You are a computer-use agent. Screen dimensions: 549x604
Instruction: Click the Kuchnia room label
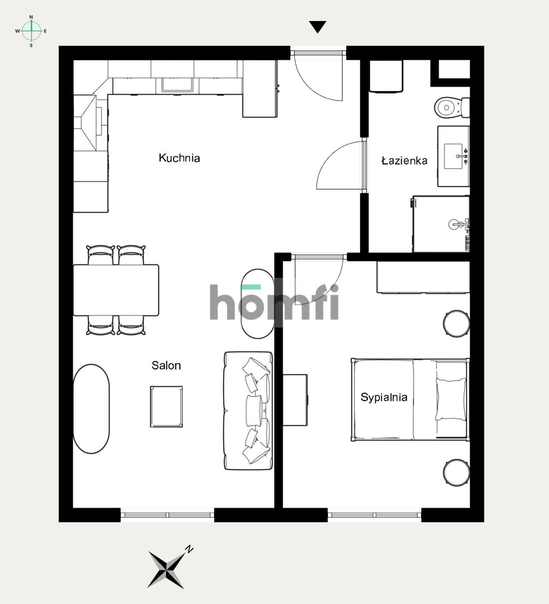(179, 158)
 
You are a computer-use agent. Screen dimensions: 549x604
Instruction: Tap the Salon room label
(166, 365)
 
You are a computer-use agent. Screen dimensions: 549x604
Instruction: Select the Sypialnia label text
(384, 397)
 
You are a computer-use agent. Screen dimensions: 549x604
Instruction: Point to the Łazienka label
(404, 160)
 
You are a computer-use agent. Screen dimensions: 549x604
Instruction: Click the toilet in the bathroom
(452, 108)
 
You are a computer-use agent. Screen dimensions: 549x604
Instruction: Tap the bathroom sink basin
(453, 156)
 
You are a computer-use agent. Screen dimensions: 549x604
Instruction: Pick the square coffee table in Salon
(166, 407)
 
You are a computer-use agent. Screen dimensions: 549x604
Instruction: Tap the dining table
(116, 290)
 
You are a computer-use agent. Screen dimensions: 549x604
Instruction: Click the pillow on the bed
(451, 399)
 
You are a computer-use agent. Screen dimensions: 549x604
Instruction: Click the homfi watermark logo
(274, 302)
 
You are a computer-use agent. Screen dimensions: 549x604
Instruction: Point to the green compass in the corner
(31, 31)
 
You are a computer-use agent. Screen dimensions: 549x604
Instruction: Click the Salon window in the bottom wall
(168, 515)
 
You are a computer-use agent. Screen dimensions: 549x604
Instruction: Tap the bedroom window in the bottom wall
(374, 515)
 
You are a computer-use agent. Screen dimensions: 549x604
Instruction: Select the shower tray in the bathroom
(441, 224)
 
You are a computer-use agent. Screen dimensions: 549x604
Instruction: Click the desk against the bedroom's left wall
(295, 400)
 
